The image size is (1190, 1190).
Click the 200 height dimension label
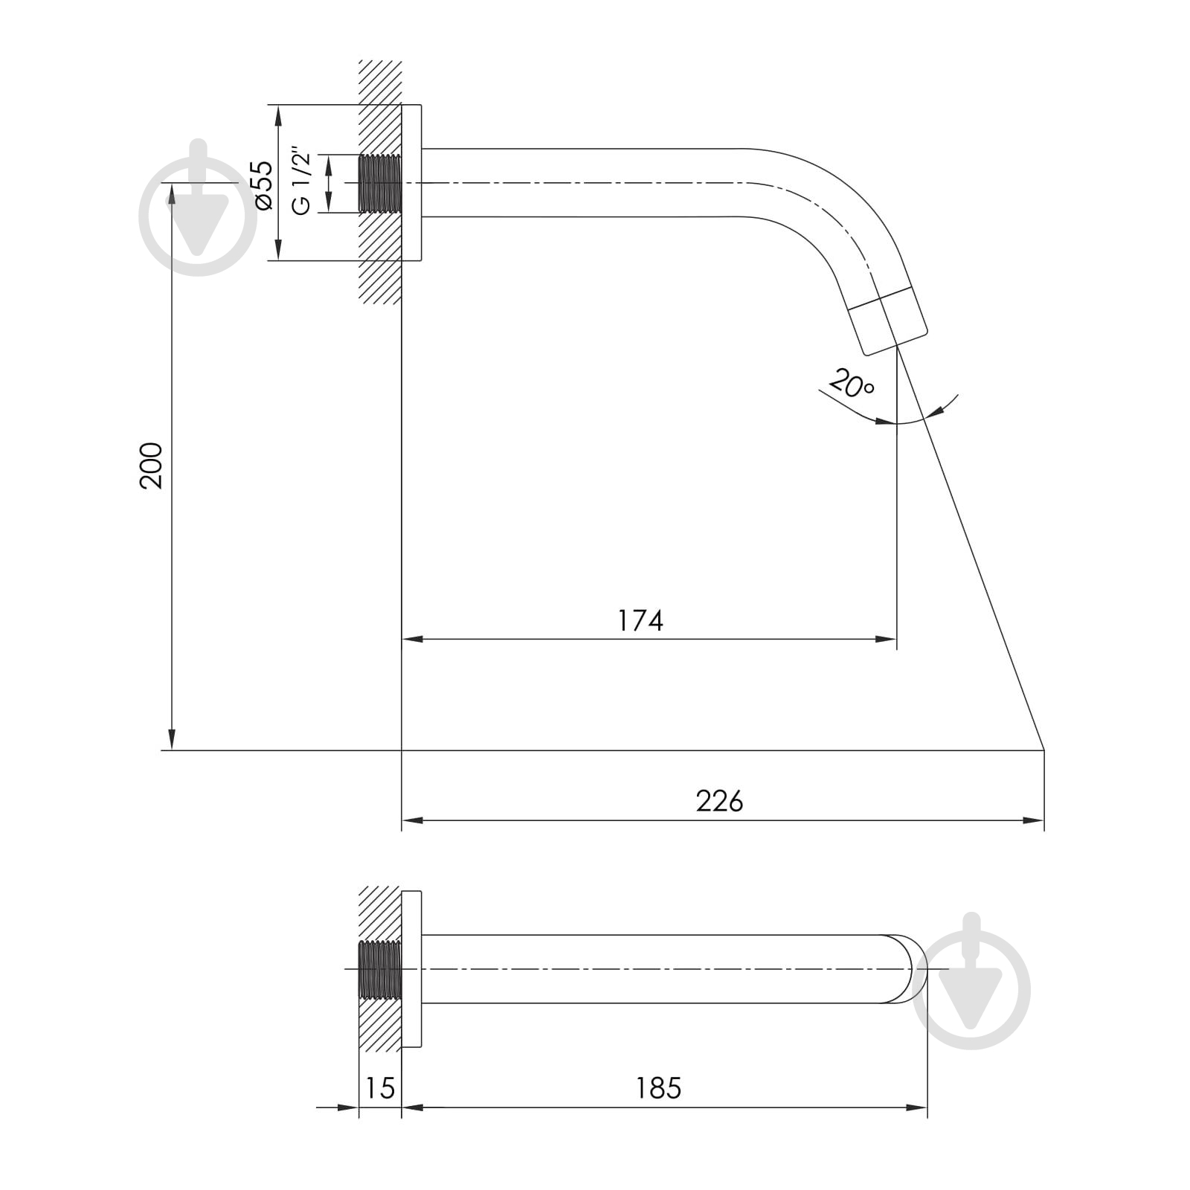point(151,465)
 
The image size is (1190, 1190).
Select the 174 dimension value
point(640,620)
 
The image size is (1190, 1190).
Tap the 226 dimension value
point(719,801)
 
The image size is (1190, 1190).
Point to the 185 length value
point(658,1088)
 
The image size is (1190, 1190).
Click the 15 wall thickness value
point(380,1088)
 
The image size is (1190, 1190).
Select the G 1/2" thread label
point(301,183)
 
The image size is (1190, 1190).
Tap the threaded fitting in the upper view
point(380,184)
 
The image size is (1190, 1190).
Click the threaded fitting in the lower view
point(380,970)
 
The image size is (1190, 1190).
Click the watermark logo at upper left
point(198,208)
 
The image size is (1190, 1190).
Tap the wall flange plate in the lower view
point(411,970)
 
